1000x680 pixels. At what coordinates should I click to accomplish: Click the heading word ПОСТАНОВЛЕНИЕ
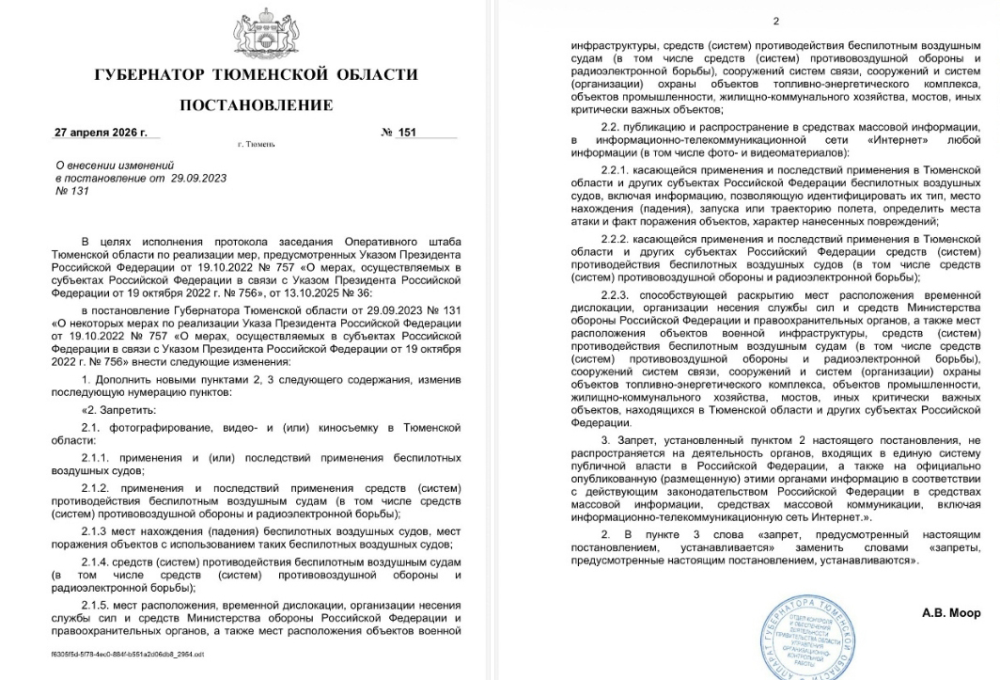coord(256,104)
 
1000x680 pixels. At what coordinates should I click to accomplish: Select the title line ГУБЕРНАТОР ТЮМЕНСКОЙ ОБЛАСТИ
coord(256,74)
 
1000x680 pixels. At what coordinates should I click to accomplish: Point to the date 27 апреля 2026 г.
coord(101,133)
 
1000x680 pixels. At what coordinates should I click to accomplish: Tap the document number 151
coord(407,133)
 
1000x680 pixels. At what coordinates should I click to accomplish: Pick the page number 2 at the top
coord(776,22)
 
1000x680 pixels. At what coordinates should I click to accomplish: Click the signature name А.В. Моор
coord(951,613)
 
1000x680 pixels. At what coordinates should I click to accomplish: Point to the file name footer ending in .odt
coord(127,653)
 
